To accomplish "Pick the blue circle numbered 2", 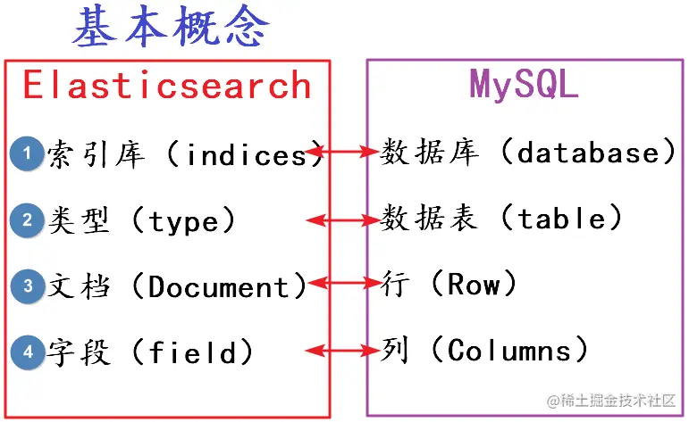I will tap(28, 219).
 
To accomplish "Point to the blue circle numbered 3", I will tap(28, 286).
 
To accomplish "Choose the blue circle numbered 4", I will tap(28, 352).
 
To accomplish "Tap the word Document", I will tap(220, 286).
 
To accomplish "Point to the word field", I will tap(194, 352).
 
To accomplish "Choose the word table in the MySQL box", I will tap(560, 218).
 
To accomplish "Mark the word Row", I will tap(475, 284).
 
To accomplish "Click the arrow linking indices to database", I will tap(342, 153).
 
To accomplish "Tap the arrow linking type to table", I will tap(342, 219).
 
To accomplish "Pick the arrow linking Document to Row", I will tap(342, 285).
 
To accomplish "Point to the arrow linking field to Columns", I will tap(342, 352).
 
